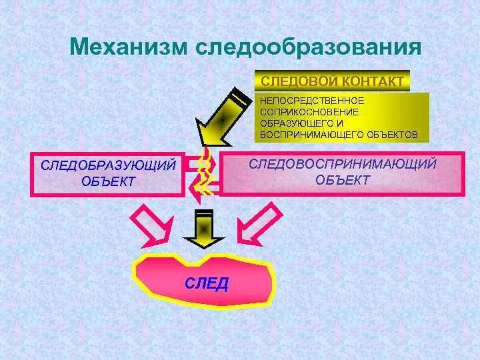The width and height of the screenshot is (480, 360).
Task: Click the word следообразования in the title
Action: click(308, 48)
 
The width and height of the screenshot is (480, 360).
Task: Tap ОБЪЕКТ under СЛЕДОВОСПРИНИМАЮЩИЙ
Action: click(343, 179)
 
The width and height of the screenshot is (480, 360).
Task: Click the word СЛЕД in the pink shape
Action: click(206, 283)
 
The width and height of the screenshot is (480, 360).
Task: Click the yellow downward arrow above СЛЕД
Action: click(203, 228)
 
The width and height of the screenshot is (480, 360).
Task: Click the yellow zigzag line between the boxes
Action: click(205, 172)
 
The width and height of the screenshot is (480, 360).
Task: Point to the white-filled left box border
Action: click(32, 175)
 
